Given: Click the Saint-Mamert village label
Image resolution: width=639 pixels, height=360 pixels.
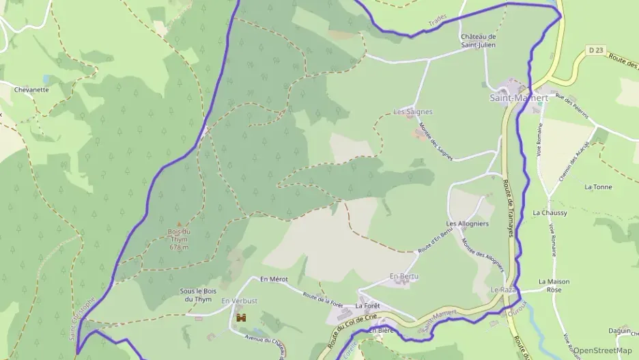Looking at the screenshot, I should [x=519, y=98].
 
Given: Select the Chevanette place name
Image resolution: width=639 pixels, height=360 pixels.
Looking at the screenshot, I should [x=31, y=89].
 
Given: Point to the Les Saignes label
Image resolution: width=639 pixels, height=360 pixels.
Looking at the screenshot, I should [x=413, y=111].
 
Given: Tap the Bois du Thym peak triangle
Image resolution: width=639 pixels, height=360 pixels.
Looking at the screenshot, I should [x=179, y=224].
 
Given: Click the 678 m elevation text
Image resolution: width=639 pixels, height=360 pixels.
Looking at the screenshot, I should [x=179, y=247].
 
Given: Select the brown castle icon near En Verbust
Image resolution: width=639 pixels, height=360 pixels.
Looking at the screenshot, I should [x=240, y=318].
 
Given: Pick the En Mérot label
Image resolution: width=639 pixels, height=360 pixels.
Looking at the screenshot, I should [x=274, y=279].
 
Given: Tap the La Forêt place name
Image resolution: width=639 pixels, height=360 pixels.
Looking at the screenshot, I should [x=367, y=306].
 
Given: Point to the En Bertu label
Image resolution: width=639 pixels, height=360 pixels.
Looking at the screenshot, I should [x=403, y=276].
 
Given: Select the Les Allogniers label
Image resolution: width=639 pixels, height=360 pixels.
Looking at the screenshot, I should [x=467, y=224].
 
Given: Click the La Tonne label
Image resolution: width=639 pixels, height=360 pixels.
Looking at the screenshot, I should [x=598, y=186].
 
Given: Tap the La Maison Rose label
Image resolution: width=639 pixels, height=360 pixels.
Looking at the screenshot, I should [x=554, y=286].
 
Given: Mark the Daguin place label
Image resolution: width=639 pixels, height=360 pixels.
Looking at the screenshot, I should [x=619, y=331].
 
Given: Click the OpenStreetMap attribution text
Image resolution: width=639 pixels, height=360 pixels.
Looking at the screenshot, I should [x=603, y=350].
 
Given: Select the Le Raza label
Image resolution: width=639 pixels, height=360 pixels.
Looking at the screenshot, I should [x=502, y=290].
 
